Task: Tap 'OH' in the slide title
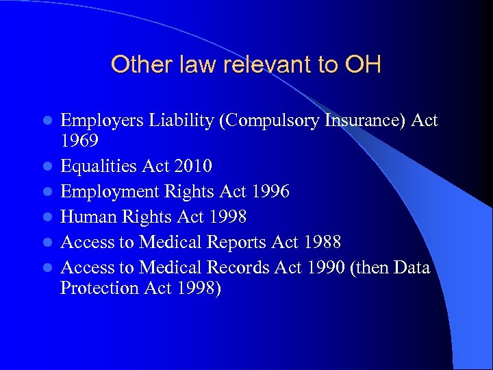363,65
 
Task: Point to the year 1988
322,243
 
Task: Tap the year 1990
324,267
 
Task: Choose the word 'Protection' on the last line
100,288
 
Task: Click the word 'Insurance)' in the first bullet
366,121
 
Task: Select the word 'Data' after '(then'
412,267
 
